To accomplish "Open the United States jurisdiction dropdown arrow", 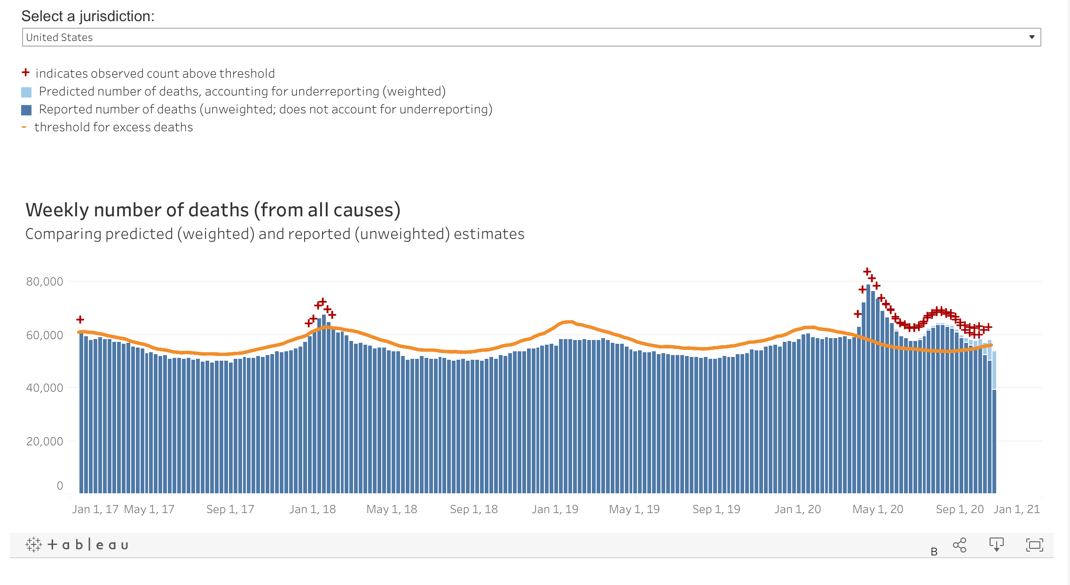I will click(x=1031, y=37).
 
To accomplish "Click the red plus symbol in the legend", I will click(x=26, y=72).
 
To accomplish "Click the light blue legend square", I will click(x=26, y=92).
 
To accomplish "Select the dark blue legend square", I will click(x=26, y=110).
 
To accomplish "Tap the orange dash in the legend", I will click(x=24, y=127).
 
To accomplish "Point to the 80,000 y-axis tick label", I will click(x=45, y=282).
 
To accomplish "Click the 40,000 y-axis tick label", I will click(x=45, y=388).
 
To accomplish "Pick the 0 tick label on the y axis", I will click(x=60, y=485).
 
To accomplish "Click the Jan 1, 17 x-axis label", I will click(x=95, y=509).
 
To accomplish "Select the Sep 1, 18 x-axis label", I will click(x=474, y=509).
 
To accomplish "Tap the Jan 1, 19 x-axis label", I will click(x=555, y=509).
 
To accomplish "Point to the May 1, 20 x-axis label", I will click(x=878, y=509).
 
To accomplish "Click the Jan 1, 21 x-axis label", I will click(x=1016, y=509).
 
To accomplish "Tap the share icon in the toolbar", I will click(x=960, y=545).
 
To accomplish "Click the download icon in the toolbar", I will click(x=996, y=545).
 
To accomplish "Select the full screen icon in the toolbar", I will click(x=1034, y=545).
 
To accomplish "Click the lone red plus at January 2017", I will click(x=80, y=320).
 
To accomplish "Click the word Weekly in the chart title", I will click(x=57, y=210).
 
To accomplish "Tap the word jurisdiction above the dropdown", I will click(x=117, y=16).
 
